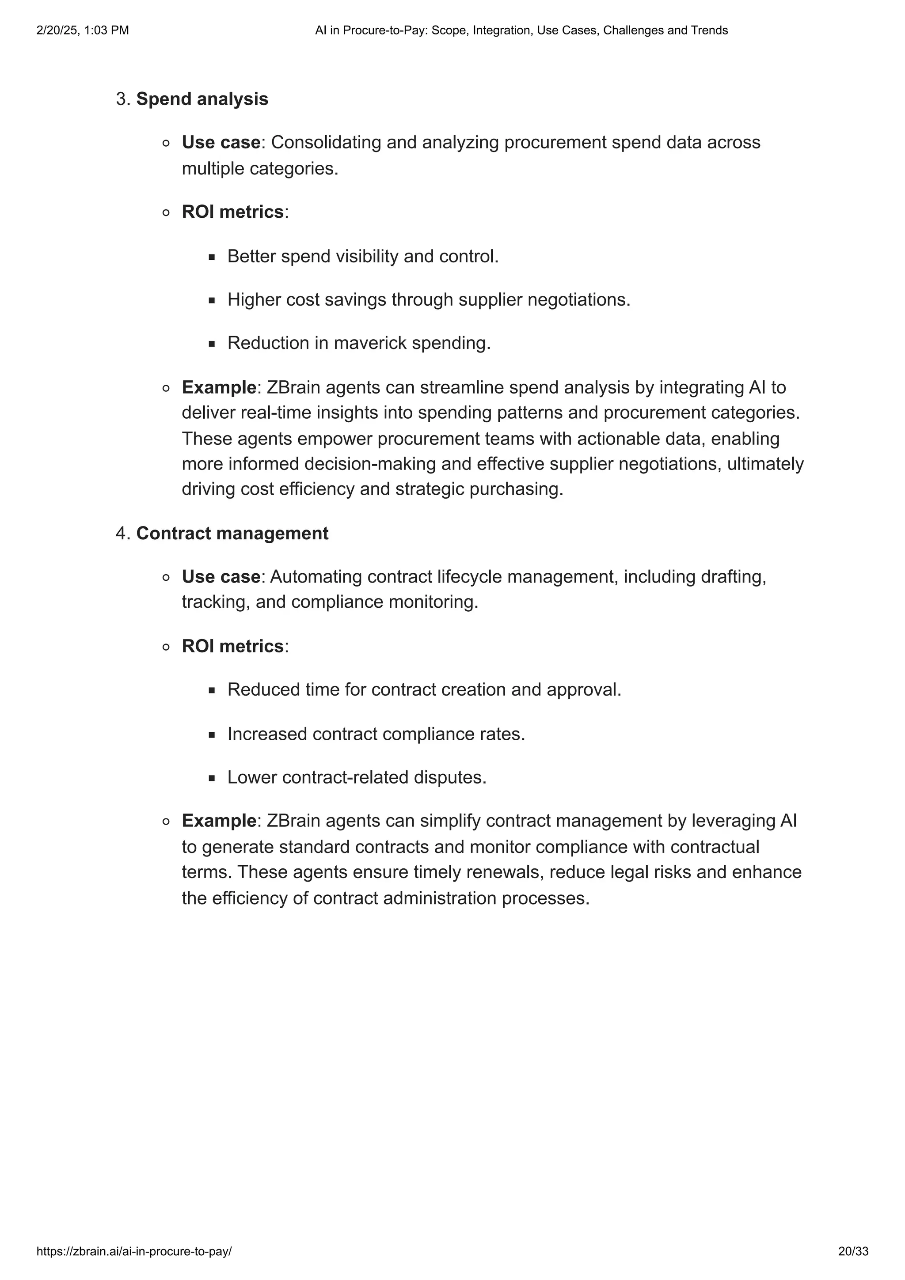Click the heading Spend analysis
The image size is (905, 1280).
point(202,99)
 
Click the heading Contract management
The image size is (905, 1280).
point(232,534)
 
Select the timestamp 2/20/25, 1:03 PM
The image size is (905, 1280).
point(83,30)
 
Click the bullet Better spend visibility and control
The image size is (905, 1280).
point(362,257)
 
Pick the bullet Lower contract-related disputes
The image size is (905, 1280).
point(357,777)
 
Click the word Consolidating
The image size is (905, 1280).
point(326,143)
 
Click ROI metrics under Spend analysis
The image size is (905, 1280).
point(232,212)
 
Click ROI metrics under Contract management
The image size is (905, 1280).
point(232,646)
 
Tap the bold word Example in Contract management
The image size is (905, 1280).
point(219,821)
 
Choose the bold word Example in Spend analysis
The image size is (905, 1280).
point(219,387)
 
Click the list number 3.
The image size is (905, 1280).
point(122,99)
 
